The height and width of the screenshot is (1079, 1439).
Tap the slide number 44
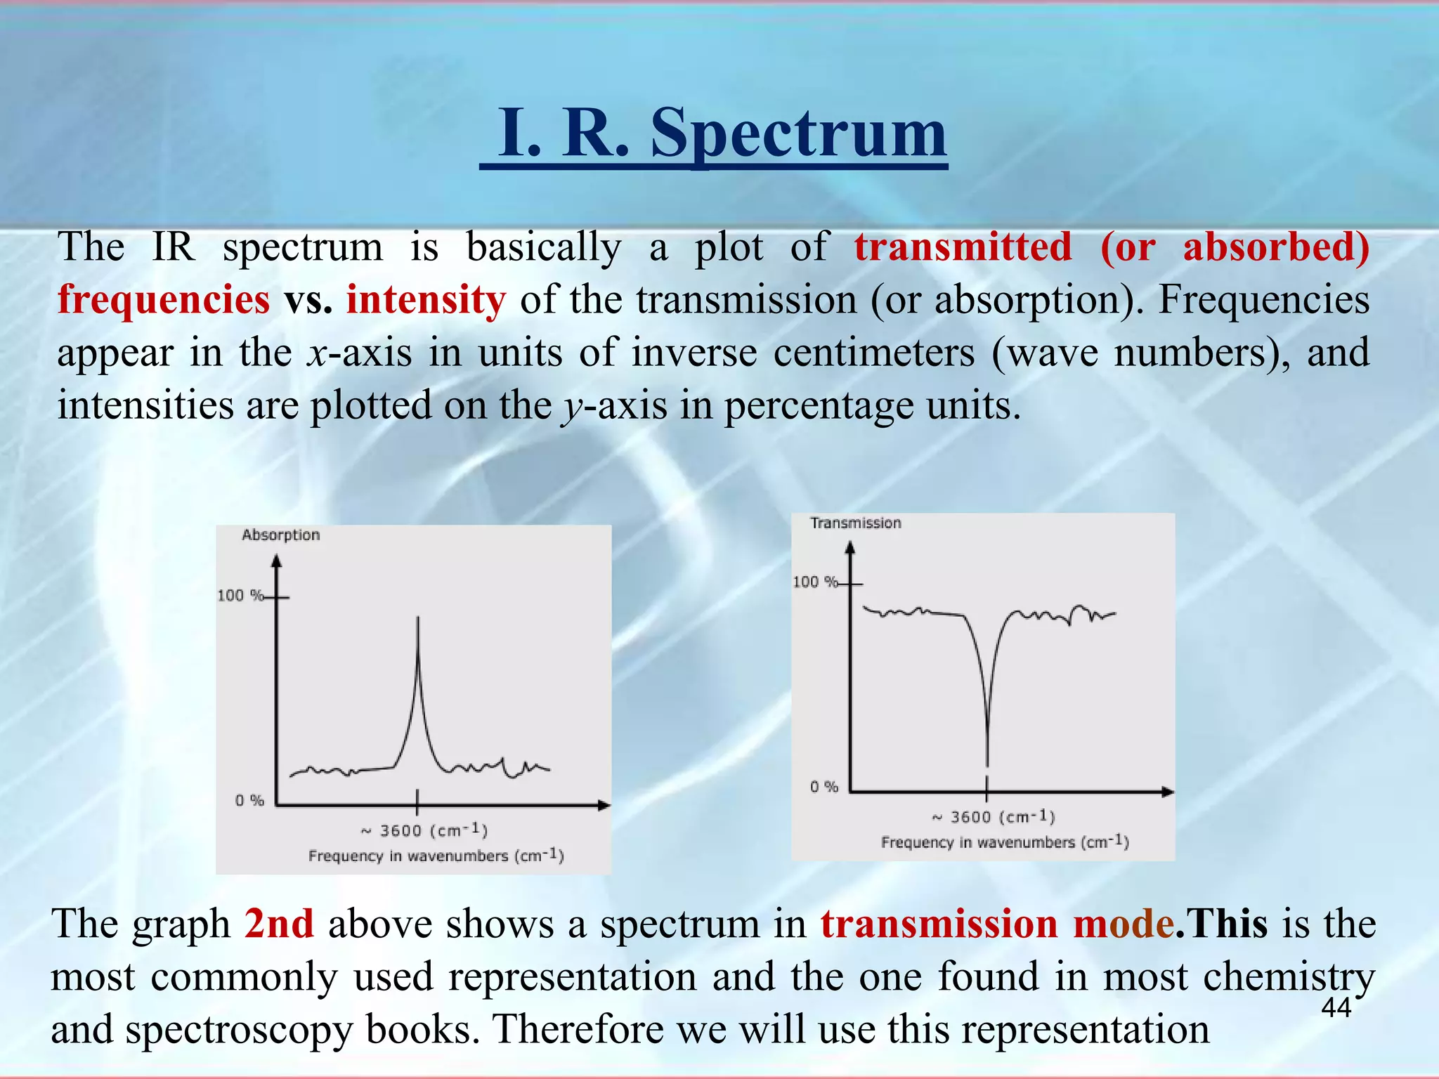1336,1008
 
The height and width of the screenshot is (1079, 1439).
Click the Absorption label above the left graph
280,535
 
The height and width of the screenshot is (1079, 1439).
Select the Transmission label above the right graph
855,523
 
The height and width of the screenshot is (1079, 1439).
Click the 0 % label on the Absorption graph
249,801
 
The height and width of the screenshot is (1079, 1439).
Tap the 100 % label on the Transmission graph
815,582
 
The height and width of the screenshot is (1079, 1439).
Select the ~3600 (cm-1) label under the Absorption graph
424,831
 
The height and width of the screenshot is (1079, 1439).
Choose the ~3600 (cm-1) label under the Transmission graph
994,817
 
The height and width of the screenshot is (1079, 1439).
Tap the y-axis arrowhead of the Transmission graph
850,547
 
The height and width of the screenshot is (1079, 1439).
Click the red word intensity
426,300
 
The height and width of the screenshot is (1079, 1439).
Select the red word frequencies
163,300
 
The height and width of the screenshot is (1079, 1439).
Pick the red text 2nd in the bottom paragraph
279,924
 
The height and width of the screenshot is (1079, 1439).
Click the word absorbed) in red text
1276,247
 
